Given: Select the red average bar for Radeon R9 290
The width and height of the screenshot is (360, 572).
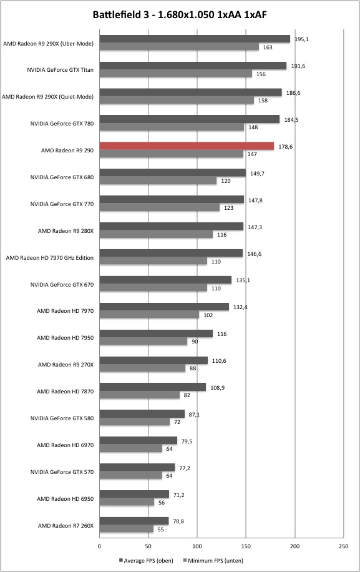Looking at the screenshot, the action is [x=187, y=146].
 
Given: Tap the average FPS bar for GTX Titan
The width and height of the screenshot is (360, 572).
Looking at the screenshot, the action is [x=193, y=66].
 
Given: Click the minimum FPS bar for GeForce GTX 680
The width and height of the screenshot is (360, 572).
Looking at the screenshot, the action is [x=158, y=180].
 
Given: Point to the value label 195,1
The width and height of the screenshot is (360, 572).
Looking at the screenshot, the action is [x=301, y=39].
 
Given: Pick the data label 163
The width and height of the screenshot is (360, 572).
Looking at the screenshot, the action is [x=268, y=47].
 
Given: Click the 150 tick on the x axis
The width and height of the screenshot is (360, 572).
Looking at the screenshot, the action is [x=246, y=546].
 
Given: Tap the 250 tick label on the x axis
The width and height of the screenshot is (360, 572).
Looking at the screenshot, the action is [x=343, y=546].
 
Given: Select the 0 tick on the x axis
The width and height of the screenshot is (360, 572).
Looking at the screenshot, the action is [x=99, y=546].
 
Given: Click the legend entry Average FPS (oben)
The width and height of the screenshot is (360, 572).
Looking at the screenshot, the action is [x=146, y=560].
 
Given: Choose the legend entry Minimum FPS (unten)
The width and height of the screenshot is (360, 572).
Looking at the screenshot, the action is [x=213, y=560].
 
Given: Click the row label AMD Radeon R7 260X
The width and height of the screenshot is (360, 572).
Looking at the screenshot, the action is [x=66, y=525].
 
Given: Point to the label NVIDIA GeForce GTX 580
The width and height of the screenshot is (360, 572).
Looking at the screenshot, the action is [x=62, y=418].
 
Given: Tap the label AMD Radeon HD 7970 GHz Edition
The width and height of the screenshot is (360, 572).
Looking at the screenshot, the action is [x=49, y=257].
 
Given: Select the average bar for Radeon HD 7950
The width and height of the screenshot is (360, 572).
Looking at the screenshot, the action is [x=156, y=333].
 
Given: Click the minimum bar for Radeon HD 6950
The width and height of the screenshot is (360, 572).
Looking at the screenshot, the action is [x=127, y=502].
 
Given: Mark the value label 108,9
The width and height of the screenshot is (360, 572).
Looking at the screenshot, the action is [x=218, y=387].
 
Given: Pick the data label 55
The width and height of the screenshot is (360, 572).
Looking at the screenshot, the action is [x=161, y=530].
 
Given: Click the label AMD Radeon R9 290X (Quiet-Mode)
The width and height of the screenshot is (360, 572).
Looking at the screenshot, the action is [x=47, y=97].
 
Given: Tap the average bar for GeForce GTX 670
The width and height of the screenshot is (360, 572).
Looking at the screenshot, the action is [x=165, y=280].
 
